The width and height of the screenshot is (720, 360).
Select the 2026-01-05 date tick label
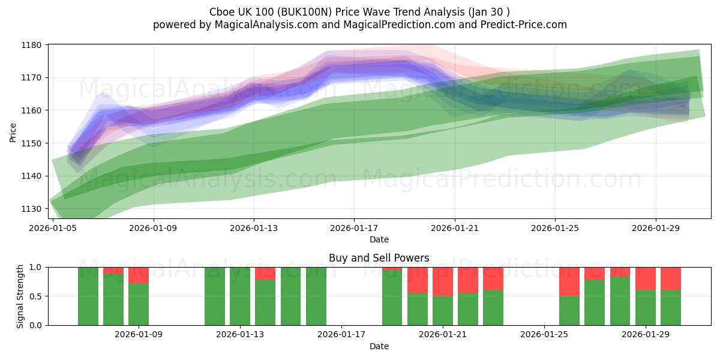tap(53, 228)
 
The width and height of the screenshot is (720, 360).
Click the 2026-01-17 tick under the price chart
tap(354, 228)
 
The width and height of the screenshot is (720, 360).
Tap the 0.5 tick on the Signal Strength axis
tap(36, 296)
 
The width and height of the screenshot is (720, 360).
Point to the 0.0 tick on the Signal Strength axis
tap(36, 325)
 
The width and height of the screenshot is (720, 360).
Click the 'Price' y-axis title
tap(13, 132)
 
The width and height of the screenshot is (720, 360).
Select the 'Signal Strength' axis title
tap(20, 296)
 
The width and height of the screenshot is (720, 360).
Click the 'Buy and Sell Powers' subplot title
tap(379, 258)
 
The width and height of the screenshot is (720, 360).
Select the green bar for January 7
tap(88, 296)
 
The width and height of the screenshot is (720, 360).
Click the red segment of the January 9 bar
tap(139, 275)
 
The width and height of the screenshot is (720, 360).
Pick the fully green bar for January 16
tap(316, 296)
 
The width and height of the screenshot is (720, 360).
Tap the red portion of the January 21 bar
tap(443, 281)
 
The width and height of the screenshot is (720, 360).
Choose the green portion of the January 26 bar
tap(569, 310)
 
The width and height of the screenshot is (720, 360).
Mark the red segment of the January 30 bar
tap(671, 278)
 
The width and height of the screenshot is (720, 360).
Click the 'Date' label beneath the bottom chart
tap(379, 346)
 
